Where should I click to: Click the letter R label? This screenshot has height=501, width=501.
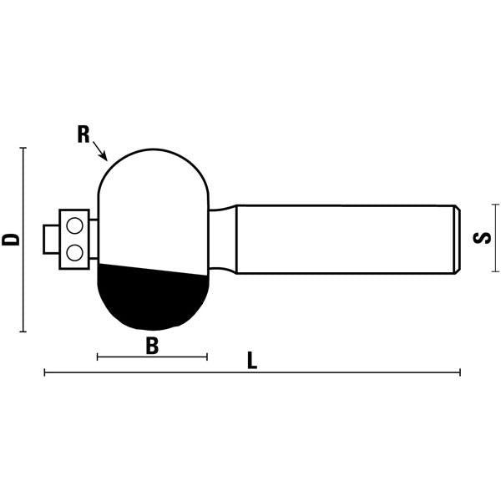(83, 135)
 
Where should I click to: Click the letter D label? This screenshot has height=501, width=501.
(11, 239)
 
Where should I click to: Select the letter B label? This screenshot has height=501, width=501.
(152, 346)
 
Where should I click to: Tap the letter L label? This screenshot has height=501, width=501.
(252, 362)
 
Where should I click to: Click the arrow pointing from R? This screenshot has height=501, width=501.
(100, 151)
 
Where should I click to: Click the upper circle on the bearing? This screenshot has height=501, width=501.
(75, 225)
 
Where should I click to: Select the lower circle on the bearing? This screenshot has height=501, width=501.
(75, 250)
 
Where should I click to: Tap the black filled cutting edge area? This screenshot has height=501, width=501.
(150, 296)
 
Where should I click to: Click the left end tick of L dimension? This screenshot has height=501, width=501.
(45, 372)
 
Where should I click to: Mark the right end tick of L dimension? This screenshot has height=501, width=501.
(459, 372)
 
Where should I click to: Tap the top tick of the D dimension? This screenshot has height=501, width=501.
(23, 148)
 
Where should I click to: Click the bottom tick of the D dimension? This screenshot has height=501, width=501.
(23, 331)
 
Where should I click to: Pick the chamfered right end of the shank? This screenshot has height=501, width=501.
(457, 239)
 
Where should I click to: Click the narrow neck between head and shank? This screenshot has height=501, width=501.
(222, 239)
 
